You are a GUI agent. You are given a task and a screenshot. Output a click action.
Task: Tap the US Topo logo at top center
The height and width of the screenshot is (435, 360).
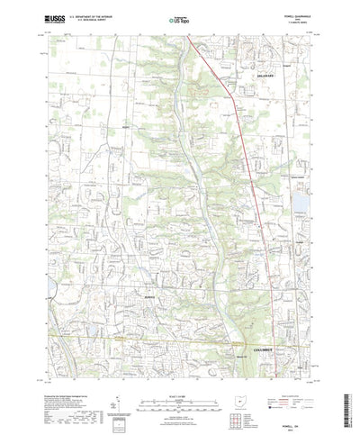coord(179,18)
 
